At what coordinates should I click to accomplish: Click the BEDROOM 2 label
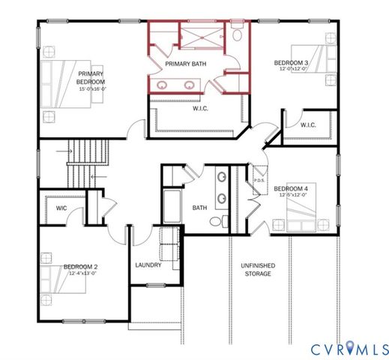pyautogui.click(x=81, y=267)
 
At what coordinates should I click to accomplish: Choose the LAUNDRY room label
pyautogui.click(x=148, y=265)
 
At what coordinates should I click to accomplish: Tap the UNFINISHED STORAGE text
pyautogui.click(x=256, y=269)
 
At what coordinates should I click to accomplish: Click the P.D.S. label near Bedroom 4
pyautogui.click(x=259, y=180)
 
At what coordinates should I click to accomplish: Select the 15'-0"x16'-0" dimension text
pyautogui.click(x=95, y=88)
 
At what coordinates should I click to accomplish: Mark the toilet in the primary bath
pyautogui.click(x=237, y=34)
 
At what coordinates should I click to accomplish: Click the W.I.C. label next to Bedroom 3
pyautogui.click(x=308, y=125)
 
